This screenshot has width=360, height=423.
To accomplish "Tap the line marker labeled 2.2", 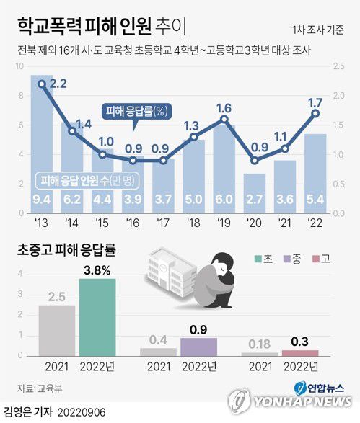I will [x=42, y=84].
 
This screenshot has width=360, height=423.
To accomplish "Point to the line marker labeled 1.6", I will [x=224, y=120].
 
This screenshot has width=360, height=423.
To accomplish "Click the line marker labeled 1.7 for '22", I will [x=315, y=113].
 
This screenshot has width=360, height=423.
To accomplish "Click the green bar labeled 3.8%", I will [x=97, y=316].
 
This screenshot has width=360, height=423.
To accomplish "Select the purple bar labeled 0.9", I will [x=198, y=346].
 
